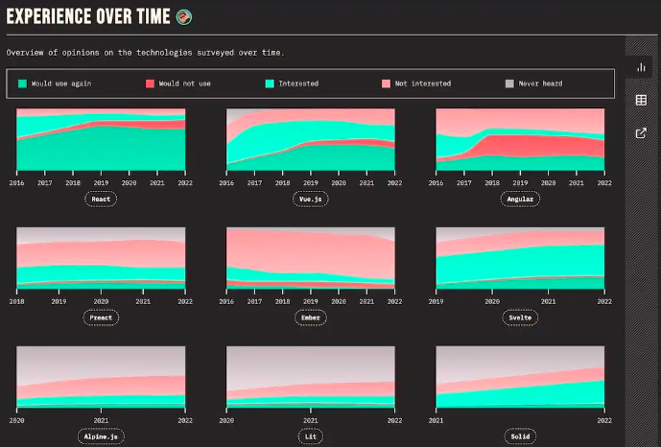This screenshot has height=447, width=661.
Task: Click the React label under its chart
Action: coord(101,199)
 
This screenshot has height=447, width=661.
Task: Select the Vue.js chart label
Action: coord(310,199)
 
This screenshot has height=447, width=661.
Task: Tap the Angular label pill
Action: coord(520,199)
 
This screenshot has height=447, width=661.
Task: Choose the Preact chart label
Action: coord(101,318)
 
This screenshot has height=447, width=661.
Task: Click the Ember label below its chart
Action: coord(310,318)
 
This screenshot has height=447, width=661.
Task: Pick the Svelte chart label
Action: coord(520,318)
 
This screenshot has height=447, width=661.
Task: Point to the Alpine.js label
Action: coord(101,436)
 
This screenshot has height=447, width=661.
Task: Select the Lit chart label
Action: coord(310,436)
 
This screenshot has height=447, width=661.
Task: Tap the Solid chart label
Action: coord(520,436)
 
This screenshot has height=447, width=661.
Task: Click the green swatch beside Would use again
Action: coord(22,83)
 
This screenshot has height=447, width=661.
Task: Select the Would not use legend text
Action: coord(184,83)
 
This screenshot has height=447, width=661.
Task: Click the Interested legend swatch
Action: coord(270,83)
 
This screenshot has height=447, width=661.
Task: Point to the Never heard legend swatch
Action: coord(509,83)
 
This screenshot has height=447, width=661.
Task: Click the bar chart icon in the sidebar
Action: coord(641,68)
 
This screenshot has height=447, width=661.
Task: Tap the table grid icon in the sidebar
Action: coord(641,101)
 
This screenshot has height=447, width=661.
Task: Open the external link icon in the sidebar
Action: coord(641,133)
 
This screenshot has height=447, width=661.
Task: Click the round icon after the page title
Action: coord(183,16)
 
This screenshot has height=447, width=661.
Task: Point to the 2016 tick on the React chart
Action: coord(17,181)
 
